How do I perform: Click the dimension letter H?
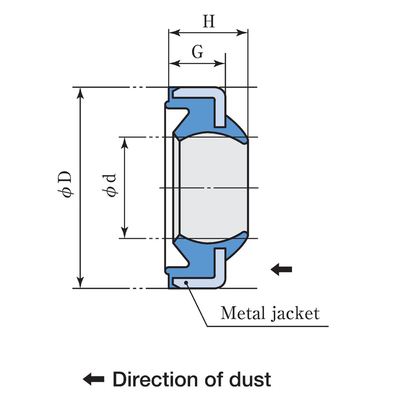209,22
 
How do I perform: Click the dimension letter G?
197,53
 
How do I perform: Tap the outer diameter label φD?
67,184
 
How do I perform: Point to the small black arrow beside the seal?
281,269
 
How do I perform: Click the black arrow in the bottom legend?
94,378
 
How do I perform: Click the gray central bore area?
213,187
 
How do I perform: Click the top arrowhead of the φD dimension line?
81,91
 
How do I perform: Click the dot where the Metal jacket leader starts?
186,283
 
